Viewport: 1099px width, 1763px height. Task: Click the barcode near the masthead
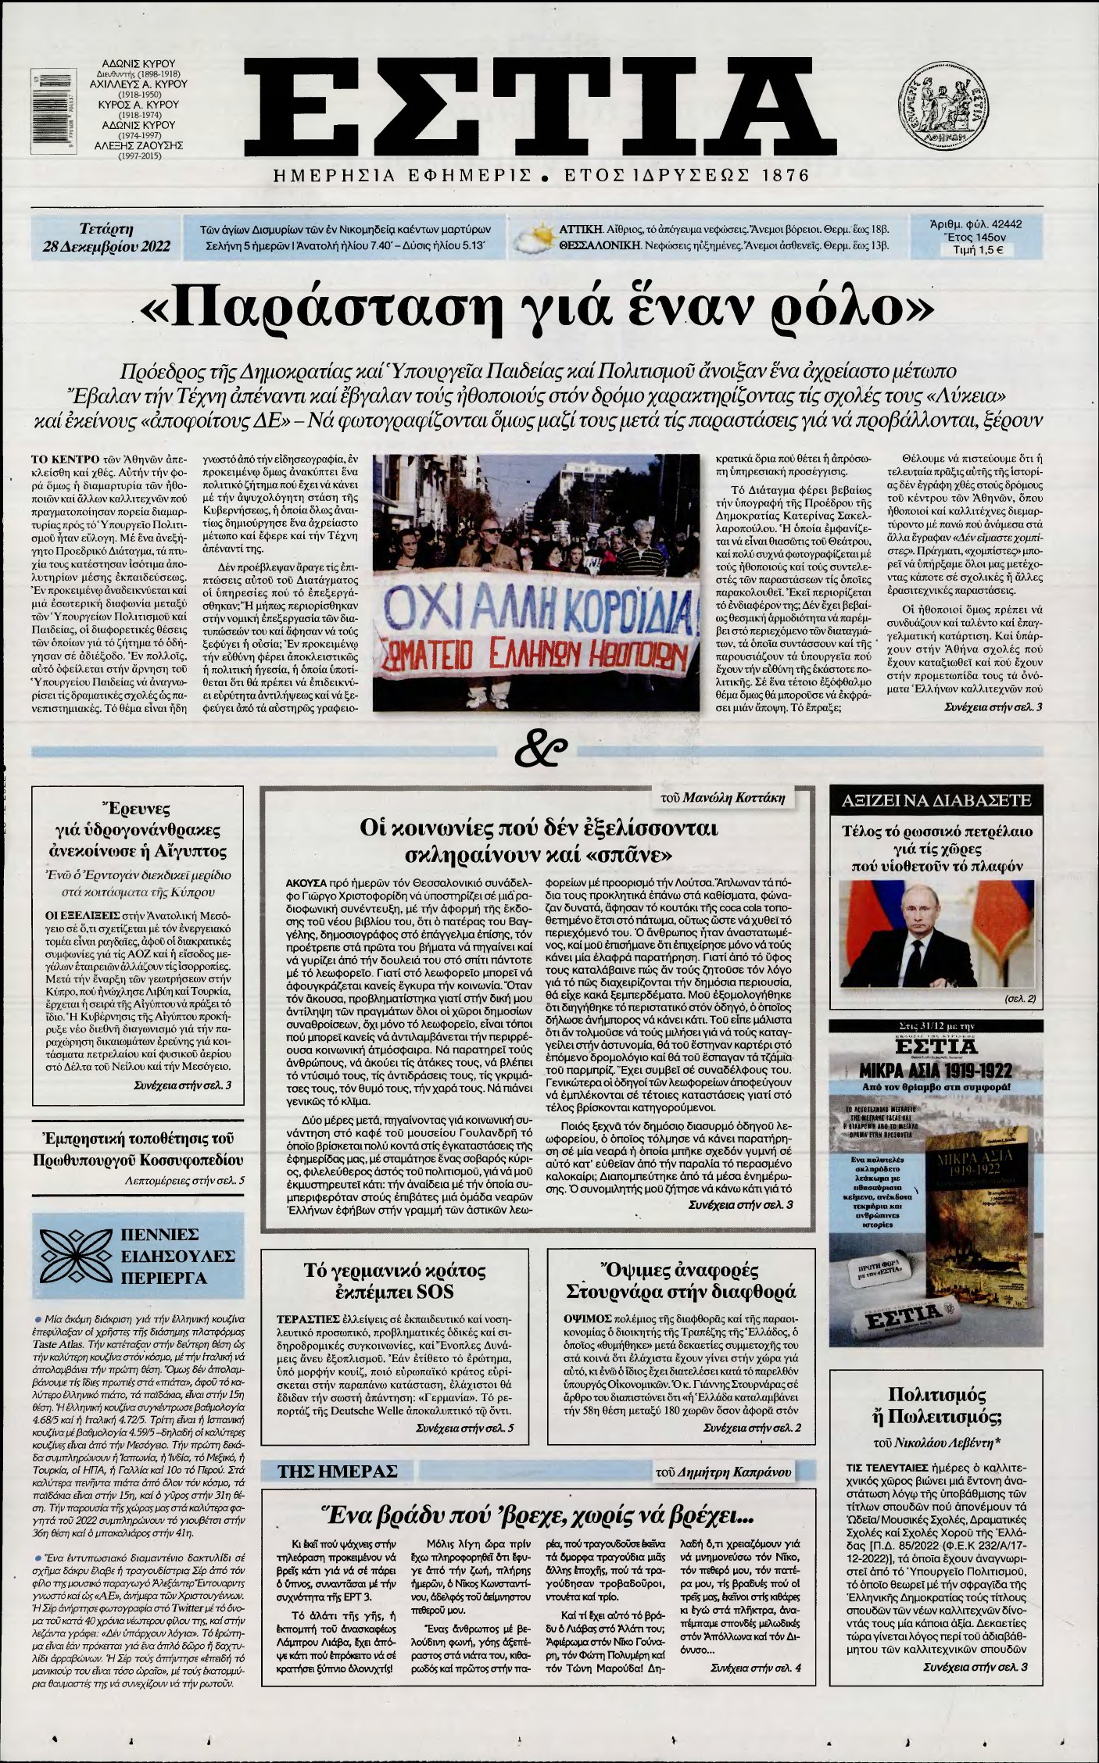[45, 109]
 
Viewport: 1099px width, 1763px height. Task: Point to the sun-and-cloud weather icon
[532, 239]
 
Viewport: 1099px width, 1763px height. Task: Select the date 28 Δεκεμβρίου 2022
[106, 249]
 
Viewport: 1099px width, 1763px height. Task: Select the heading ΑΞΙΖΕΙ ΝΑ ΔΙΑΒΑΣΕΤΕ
[936, 800]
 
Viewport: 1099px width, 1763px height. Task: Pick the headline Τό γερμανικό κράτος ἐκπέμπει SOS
[394, 1280]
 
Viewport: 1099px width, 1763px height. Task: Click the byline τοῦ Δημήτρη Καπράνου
[723, 1472]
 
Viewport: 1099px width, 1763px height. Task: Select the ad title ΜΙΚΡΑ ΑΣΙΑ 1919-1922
[936, 1070]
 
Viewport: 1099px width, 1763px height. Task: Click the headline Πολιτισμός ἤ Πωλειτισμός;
[936, 1405]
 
